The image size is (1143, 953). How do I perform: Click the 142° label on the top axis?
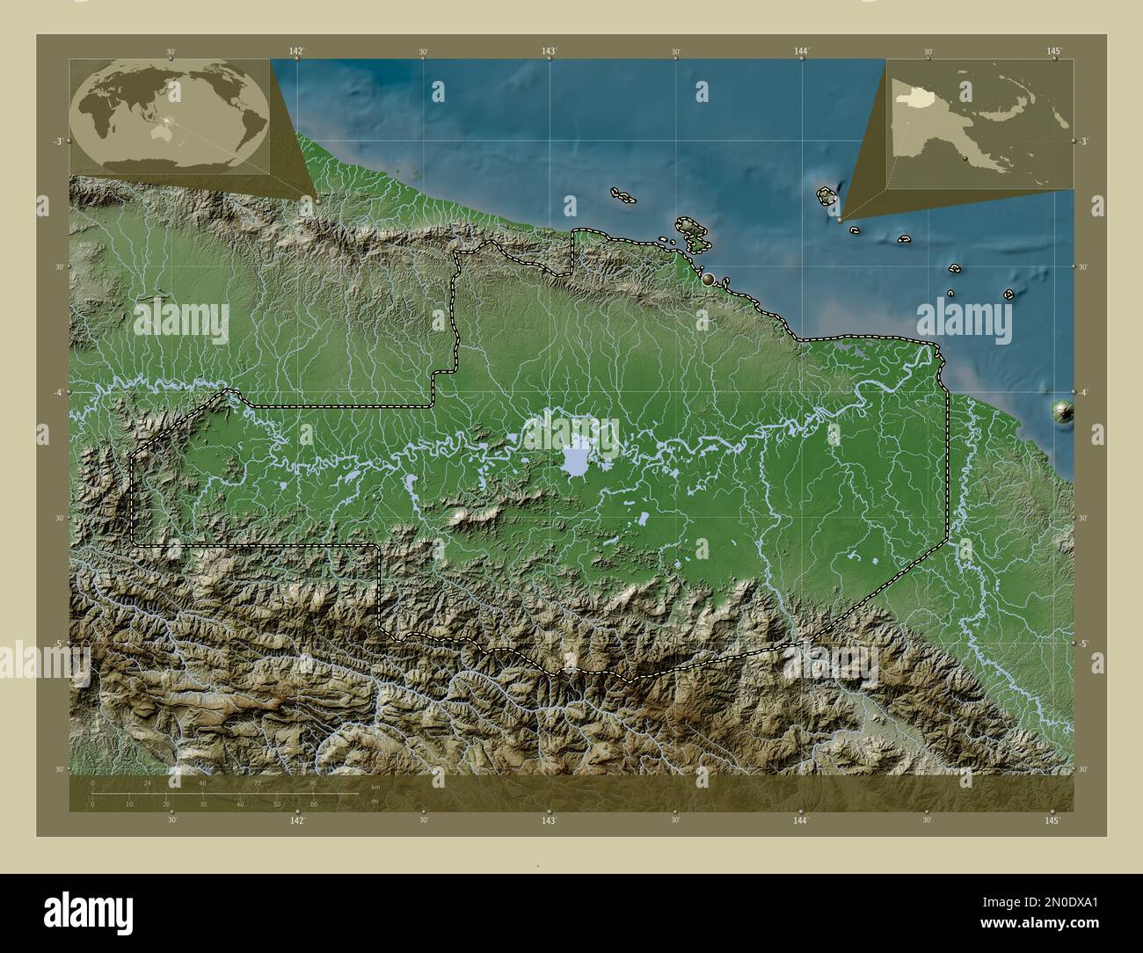tap(297, 52)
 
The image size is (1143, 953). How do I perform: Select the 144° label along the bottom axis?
tap(800, 820)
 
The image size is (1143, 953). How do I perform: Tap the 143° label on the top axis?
tap(549, 52)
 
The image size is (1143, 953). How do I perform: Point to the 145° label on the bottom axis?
tap(1052, 820)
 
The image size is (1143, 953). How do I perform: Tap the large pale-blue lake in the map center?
tap(576, 460)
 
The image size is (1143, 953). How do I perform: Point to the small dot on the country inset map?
tap(965, 157)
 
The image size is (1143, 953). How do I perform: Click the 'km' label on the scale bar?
tap(375, 787)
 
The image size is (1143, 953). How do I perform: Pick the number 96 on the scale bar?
tap(313, 782)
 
